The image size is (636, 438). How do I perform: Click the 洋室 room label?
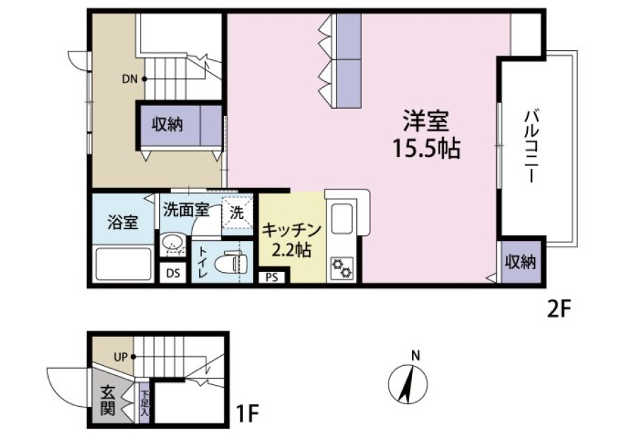[x=426, y=122]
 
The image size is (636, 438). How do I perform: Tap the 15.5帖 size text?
[x=426, y=148]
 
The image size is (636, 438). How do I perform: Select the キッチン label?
[x=292, y=230]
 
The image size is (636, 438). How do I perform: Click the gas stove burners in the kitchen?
[x=341, y=268]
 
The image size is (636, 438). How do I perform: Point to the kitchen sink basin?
[x=341, y=218]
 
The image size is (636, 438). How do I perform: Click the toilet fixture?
[x=230, y=262]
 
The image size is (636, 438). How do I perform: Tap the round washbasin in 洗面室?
[x=172, y=244]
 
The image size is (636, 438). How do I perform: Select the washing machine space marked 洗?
[x=237, y=212]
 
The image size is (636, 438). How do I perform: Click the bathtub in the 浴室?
[x=123, y=264]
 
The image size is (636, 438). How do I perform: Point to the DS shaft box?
[x=173, y=273]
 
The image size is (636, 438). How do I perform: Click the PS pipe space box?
[x=272, y=278]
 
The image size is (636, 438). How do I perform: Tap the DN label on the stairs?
[x=130, y=79]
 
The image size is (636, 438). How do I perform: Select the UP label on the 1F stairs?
[x=121, y=357]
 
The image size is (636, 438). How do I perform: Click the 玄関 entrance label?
[x=107, y=401]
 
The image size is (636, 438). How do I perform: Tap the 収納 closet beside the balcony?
[x=521, y=262]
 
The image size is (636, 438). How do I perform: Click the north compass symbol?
[x=408, y=383]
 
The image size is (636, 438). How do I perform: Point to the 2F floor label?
[x=559, y=311]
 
